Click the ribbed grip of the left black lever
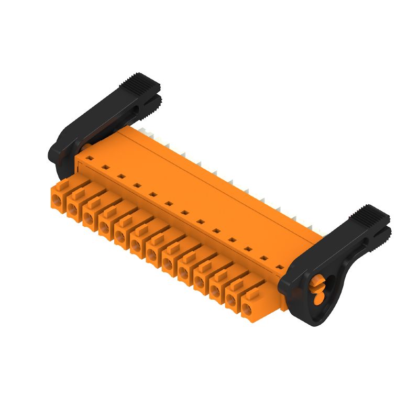[138, 82]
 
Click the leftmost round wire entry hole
[57, 200]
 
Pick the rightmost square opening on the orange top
[281, 268]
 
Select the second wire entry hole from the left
[72, 208]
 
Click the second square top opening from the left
[105, 167]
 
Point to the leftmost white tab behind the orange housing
[142, 128]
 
